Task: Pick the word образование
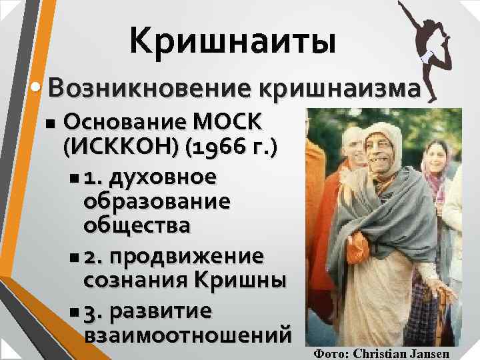point(157,201)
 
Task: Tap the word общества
point(137,225)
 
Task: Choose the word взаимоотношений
point(188,334)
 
